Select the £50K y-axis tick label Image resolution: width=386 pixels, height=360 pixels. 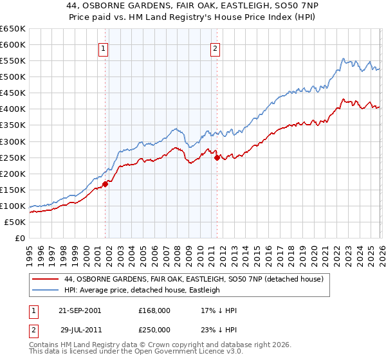[15, 222]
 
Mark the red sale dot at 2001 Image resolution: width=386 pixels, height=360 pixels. [105, 184]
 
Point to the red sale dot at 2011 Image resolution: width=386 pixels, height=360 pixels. [217, 157]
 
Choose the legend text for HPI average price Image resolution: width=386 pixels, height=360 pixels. [142, 290]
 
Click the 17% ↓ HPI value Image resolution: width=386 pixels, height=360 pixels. [219, 310]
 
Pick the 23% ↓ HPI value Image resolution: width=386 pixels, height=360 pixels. [219, 329]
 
